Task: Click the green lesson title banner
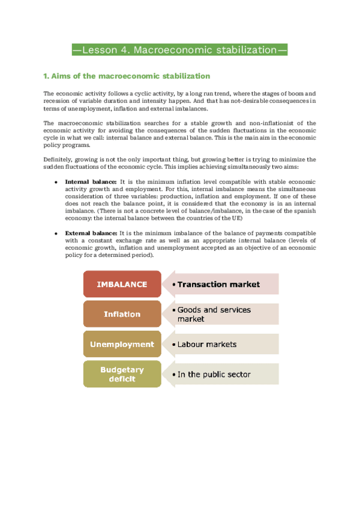[x=179, y=50]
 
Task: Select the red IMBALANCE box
[x=122, y=285]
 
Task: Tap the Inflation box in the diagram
[x=122, y=314]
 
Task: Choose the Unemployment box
[x=122, y=345]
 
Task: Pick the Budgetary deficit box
[x=122, y=374]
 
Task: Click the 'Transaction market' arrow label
[x=219, y=285]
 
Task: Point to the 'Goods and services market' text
[x=214, y=314]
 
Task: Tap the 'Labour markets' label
[x=207, y=345]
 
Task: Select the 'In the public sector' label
[x=214, y=374]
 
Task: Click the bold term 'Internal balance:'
[x=91, y=181]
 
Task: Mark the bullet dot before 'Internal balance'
[x=56, y=181]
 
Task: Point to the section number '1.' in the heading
[x=46, y=76]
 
